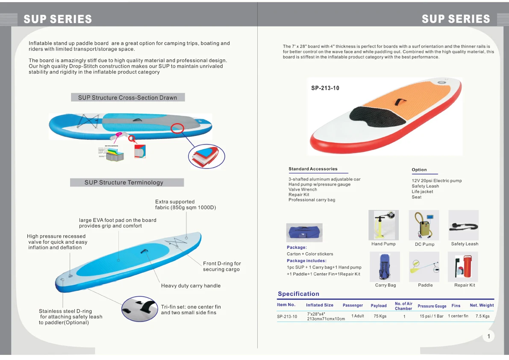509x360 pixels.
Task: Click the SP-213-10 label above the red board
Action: pos(325,89)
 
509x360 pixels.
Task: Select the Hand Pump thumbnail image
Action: pos(383,225)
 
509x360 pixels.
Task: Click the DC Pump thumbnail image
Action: pos(424,225)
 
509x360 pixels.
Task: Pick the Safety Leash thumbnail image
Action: pos(464,225)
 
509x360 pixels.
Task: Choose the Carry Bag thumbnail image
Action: pos(385,266)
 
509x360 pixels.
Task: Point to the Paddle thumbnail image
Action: pos(424,266)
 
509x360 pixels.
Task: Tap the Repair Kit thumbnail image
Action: pos(463,266)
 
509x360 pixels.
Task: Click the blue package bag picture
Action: pos(304,233)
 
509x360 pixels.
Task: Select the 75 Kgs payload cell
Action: pos(380,316)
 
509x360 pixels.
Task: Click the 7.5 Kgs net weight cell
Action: pos(483,316)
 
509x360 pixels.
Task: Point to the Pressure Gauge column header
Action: pos(432,306)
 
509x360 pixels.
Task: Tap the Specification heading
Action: pos(298,294)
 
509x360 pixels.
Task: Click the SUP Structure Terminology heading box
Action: pos(127,183)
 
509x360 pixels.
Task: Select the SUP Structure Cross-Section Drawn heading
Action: pos(128,97)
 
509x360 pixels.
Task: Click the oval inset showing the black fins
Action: pos(139,309)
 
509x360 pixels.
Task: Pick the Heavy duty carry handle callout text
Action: pos(191,286)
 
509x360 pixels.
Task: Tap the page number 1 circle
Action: pos(488,336)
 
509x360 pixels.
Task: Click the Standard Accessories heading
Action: pos(313,169)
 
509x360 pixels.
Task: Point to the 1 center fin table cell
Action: pos(458,316)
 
